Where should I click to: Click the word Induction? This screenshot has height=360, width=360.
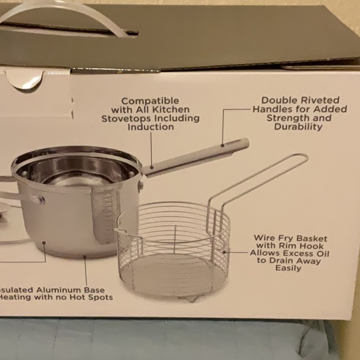[150, 127]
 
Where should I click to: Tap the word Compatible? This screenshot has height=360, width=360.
[150, 101]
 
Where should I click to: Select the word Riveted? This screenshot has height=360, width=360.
[318, 100]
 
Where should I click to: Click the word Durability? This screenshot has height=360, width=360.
[298, 127]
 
